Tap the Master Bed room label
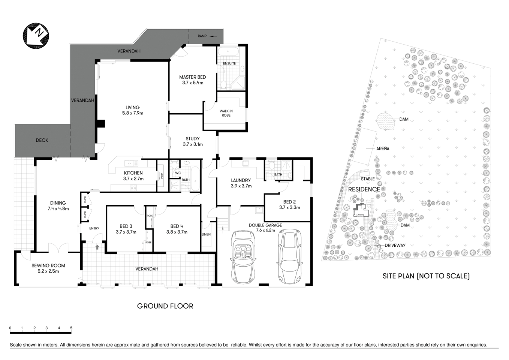tap(193, 77)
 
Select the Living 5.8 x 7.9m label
tap(133, 110)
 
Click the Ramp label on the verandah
tap(202, 36)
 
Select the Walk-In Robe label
tap(226, 113)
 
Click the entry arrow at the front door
tap(97, 247)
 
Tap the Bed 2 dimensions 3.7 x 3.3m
tap(289, 207)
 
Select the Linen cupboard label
tap(206, 234)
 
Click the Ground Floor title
tap(165, 306)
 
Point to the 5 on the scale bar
tap(71, 328)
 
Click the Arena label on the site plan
tap(383, 148)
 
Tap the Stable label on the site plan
tap(368, 179)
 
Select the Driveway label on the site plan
tap(395, 245)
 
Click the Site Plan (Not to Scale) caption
tap(426, 276)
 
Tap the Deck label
tap(42, 140)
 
